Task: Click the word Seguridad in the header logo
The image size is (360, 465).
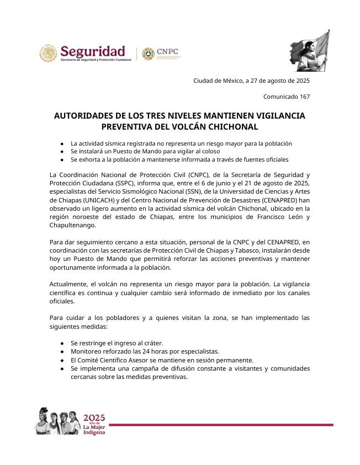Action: [x=93, y=51]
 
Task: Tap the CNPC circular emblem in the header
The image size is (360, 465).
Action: [x=147, y=54]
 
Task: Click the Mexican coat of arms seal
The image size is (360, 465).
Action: [x=48, y=54]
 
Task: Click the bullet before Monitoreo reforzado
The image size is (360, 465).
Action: [x=62, y=352]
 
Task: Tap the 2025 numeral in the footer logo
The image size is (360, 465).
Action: [x=94, y=418]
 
